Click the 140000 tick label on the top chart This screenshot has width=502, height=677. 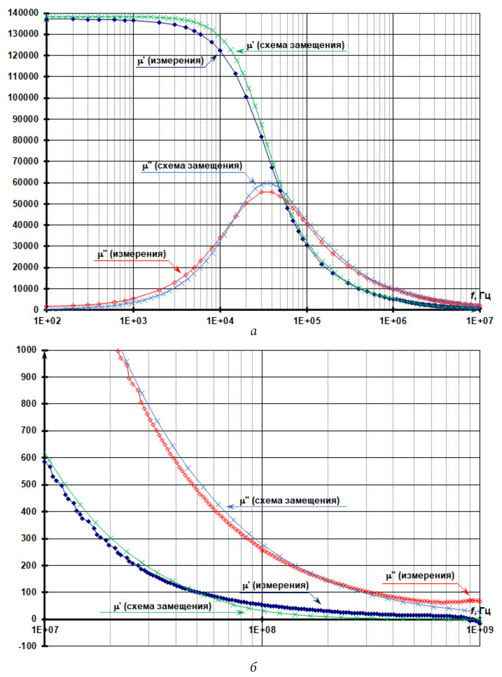click(x=23, y=13)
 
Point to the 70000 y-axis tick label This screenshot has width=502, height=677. click(x=26, y=161)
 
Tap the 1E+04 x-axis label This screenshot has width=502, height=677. click(x=220, y=321)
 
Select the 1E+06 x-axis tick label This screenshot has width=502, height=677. click(x=393, y=321)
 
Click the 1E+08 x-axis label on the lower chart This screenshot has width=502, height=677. click(x=262, y=630)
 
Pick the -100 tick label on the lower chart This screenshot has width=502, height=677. click(x=28, y=646)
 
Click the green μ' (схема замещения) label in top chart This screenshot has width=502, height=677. click(x=295, y=45)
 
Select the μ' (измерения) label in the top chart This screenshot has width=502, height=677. click(x=171, y=61)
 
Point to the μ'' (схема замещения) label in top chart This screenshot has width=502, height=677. click(x=192, y=166)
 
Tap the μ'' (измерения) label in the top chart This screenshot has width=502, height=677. click(x=132, y=254)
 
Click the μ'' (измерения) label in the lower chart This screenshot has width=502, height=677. click(x=420, y=576)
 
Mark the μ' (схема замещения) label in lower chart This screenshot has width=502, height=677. click(x=163, y=606)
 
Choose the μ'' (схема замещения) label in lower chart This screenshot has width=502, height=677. click(x=290, y=500)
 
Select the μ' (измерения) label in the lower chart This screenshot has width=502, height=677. click(x=275, y=586)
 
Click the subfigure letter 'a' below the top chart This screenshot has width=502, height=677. click(x=254, y=332)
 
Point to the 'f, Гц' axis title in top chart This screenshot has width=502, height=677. click(x=480, y=296)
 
